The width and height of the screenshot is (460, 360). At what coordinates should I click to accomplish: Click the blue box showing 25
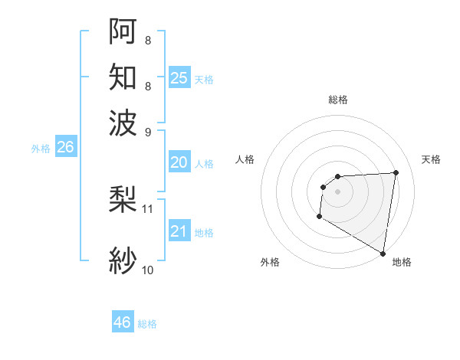pyautogui.click(x=179, y=77)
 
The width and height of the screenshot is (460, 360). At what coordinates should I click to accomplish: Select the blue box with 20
pyautogui.click(x=179, y=162)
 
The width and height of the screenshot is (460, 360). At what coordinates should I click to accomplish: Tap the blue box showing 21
pyautogui.click(x=179, y=232)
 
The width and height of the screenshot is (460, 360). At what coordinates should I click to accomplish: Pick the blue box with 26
pyautogui.click(x=65, y=148)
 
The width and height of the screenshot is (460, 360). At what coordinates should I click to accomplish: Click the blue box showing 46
pyautogui.click(x=123, y=322)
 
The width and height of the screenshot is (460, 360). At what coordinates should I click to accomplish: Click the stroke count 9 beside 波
pyautogui.click(x=148, y=131)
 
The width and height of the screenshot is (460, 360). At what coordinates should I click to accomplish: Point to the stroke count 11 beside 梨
pyautogui.click(x=148, y=208)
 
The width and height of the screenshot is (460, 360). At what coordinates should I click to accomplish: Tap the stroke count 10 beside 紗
pyautogui.click(x=148, y=270)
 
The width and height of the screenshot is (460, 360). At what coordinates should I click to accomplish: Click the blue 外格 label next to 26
pyautogui.click(x=41, y=149)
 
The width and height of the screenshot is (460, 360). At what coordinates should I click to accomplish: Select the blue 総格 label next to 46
pyautogui.click(x=147, y=324)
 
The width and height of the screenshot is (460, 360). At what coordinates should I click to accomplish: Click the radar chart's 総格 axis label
pyautogui.click(x=337, y=100)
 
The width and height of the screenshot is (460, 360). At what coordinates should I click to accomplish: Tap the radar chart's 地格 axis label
pyautogui.click(x=402, y=263)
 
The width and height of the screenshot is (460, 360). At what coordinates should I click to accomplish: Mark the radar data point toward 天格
pyautogui.click(x=396, y=172)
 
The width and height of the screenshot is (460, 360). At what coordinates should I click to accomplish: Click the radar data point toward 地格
pyautogui.click(x=383, y=254)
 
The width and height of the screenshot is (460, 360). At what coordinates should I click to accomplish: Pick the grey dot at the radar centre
pyautogui.click(x=337, y=191)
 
